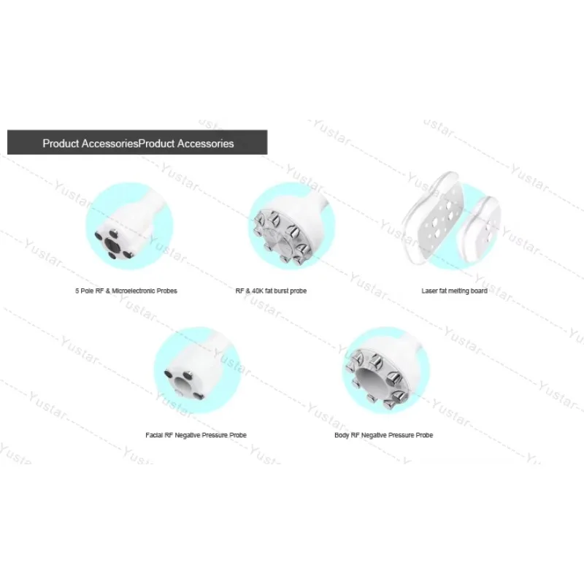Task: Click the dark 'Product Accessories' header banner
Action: click(137, 142)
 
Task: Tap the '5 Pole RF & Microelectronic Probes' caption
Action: click(126, 291)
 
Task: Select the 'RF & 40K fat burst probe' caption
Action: click(271, 291)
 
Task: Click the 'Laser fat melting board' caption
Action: click(454, 291)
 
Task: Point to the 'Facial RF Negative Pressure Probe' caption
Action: click(196, 435)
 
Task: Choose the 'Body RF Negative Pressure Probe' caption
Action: click(384, 435)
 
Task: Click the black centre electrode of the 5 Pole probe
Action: click(112, 245)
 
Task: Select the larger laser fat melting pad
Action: click(433, 219)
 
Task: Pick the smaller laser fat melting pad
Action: click(479, 230)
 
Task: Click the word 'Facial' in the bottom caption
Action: click(155, 435)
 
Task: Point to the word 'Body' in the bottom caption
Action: click(342, 435)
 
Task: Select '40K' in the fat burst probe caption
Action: click(258, 291)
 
